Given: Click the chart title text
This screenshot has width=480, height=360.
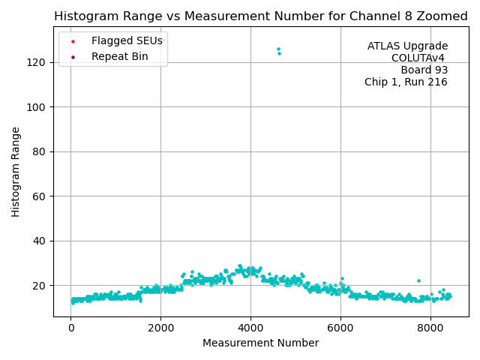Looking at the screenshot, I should (x=261, y=16).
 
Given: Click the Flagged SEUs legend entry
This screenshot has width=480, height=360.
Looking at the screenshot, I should (x=127, y=40).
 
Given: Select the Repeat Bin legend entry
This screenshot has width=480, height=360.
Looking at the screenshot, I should (x=120, y=56).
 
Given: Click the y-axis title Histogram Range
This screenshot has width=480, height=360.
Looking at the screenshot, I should (x=16, y=172).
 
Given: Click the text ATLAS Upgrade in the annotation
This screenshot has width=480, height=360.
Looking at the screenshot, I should (x=407, y=46).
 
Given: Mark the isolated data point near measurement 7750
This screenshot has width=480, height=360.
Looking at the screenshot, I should (x=418, y=280).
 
